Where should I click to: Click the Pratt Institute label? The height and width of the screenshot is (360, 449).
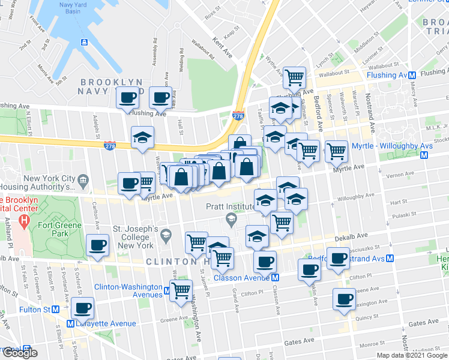pyautogui.click(x=197, y=206)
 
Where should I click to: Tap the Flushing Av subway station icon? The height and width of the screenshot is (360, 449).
pyautogui.click(x=412, y=75)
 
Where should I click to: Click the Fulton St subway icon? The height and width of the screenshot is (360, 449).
pyautogui.click(x=55, y=310)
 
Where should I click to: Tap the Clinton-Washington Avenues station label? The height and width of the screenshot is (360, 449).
pyautogui.click(x=128, y=290)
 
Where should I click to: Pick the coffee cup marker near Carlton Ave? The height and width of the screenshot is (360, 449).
pyautogui.click(x=97, y=244)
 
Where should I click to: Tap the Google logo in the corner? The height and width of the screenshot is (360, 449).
pyautogui.click(x=20, y=353)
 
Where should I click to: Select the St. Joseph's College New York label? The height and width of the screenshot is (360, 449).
pyautogui.click(x=134, y=238)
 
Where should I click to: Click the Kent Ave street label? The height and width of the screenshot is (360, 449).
pyautogui.click(x=223, y=46)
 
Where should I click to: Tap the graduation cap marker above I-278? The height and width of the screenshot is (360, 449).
pyautogui.click(x=142, y=137)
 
